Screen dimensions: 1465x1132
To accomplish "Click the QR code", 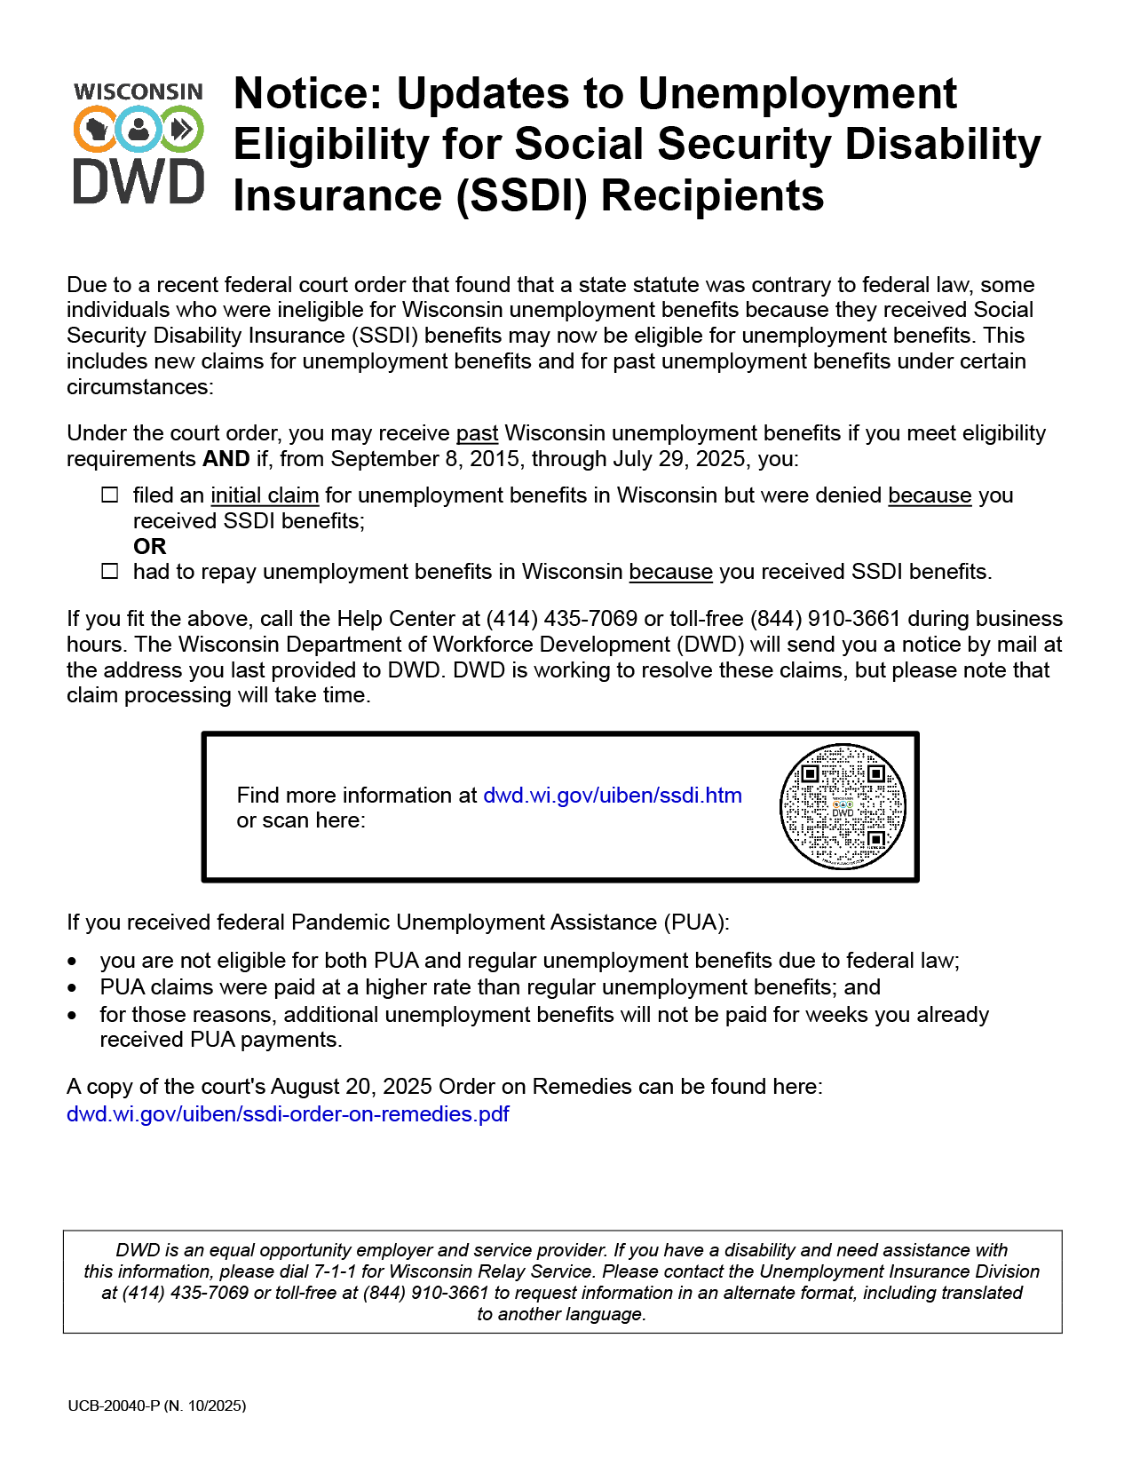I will [842, 806].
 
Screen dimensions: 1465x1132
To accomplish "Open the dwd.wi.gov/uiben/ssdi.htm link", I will [612, 796].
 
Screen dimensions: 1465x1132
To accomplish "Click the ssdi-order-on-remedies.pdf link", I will [288, 1114].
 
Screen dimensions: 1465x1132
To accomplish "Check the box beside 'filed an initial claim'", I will [110, 495].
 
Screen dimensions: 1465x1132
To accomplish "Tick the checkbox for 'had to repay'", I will [110, 572].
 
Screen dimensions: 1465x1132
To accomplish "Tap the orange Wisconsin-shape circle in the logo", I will [95, 130].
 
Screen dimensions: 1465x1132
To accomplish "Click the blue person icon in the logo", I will [139, 130].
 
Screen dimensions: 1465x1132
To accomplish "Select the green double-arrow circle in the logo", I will [182, 130].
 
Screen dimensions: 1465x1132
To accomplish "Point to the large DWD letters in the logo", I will [139, 182].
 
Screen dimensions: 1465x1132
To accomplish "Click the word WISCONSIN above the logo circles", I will [139, 92].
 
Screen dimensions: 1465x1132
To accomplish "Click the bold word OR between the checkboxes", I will [150, 547].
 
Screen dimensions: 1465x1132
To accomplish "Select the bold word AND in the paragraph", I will [226, 459].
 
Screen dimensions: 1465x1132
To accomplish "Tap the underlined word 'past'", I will [477, 433].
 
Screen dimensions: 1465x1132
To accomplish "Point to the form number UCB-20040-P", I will [114, 1406].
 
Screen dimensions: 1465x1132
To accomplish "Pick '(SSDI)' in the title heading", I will [521, 195].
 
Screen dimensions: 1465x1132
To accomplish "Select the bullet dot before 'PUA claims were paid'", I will [72, 988].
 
